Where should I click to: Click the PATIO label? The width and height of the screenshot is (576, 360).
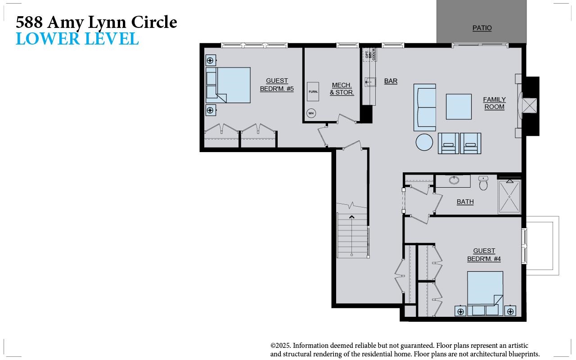click(x=482, y=28)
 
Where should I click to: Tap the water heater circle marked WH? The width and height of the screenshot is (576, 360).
click(x=311, y=113)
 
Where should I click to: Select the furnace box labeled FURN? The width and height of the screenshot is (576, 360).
click(x=313, y=91)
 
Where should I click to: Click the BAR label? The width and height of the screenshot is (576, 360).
click(x=391, y=81)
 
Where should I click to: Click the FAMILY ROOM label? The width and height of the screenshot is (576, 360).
click(x=494, y=103)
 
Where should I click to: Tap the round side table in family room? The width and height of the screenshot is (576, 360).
click(x=424, y=142)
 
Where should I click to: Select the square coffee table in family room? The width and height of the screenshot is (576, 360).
click(x=459, y=107)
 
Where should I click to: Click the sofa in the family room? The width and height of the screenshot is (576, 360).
click(x=425, y=107)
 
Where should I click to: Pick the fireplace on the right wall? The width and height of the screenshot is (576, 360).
click(x=529, y=106)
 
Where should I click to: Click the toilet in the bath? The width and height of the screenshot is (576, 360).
click(x=483, y=183)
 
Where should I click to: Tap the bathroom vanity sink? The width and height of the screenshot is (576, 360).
click(x=454, y=180)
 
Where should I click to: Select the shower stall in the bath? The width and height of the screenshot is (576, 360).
click(x=509, y=197)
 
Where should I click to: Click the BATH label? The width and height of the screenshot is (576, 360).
click(x=465, y=202)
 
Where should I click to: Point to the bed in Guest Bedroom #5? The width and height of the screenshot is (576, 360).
click(x=229, y=85)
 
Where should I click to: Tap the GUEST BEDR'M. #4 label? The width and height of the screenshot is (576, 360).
click(x=484, y=255)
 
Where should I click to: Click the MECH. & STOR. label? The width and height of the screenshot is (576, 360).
click(x=342, y=89)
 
